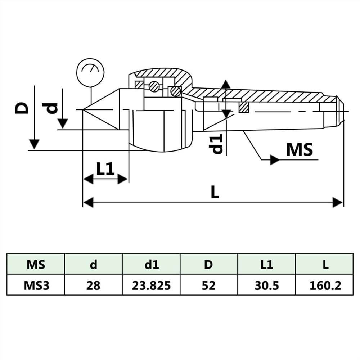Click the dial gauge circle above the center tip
pyautogui.click(x=90, y=72)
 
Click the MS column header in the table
pyautogui.click(x=36, y=265)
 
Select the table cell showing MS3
pyautogui.click(x=36, y=285)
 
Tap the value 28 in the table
pyautogui.click(x=93, y=285)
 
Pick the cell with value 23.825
pyautogui.click(x=151, y=285)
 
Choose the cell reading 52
pyautogui.click(x=209, y=285)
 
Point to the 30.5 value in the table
pyautogui.click(x=266, y=285)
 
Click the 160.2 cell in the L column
pyautogui.click(x=324, y=285)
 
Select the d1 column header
pyautogui.click(x=151, y=265)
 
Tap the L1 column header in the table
pyautogui.click(x=266, y=265)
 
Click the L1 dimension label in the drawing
pyautogui.click(x=105, y=168)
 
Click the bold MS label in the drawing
pyautogui.click(x=300, y=150)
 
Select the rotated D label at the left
pyautogui.click(x=22, y=108)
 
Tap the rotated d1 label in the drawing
pyautogui.click(x=217, y=144)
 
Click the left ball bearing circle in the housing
pyautogui.click(x=154, y=86)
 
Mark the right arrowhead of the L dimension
pyautogui.click(x=338, y=202)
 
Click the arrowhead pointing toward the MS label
pyautogui.click(x=275, y=160)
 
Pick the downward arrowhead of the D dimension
pyautogui.click(x=34, y=144)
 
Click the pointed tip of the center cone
pyautogui.click(x=83, y=109)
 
